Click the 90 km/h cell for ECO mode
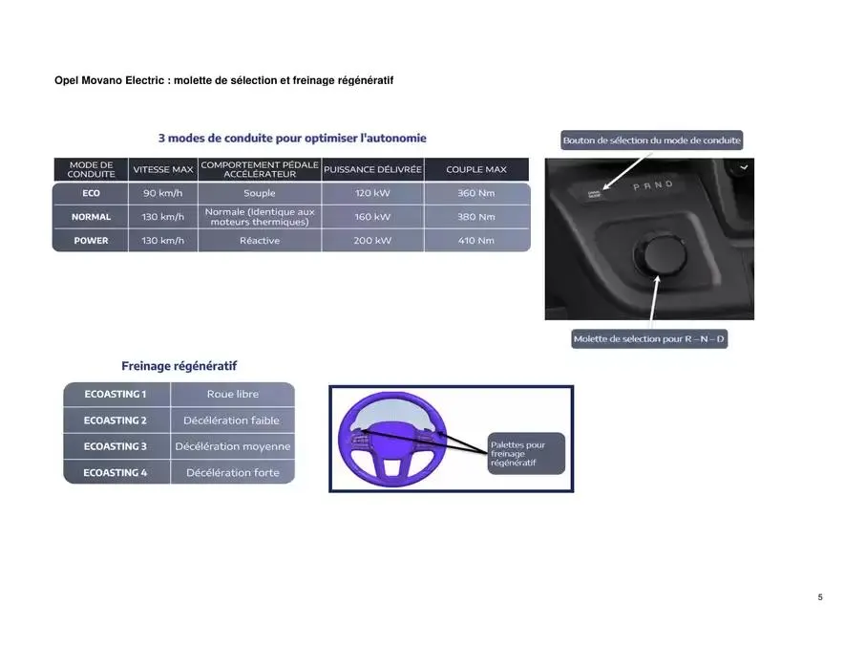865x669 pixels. pos(162,193)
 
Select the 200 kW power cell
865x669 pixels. pos(372,241)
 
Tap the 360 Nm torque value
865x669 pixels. pos(476,193)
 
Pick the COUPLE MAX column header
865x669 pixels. pos(476,169)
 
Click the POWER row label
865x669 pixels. pos(91,241)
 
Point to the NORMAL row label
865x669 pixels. pos(91,217)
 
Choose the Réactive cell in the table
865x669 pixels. pos(260,241)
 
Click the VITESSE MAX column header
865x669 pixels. pos(162,169)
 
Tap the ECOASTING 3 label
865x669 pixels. pos(116,446)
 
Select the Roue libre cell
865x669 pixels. pos(232,395)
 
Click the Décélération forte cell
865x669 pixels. pos(232,473)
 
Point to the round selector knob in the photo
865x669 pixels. pos(660,254)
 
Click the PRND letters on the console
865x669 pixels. pos(653,185)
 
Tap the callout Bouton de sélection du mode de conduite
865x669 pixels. pos(651,140)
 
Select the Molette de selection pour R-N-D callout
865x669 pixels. pos(649,339)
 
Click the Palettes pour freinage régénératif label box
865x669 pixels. pos(526,454)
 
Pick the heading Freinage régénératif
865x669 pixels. pos(179,366)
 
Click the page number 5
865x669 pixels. pos(820,597)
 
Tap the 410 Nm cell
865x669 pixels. pos(476,241)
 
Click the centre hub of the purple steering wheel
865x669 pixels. pos(392,440)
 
